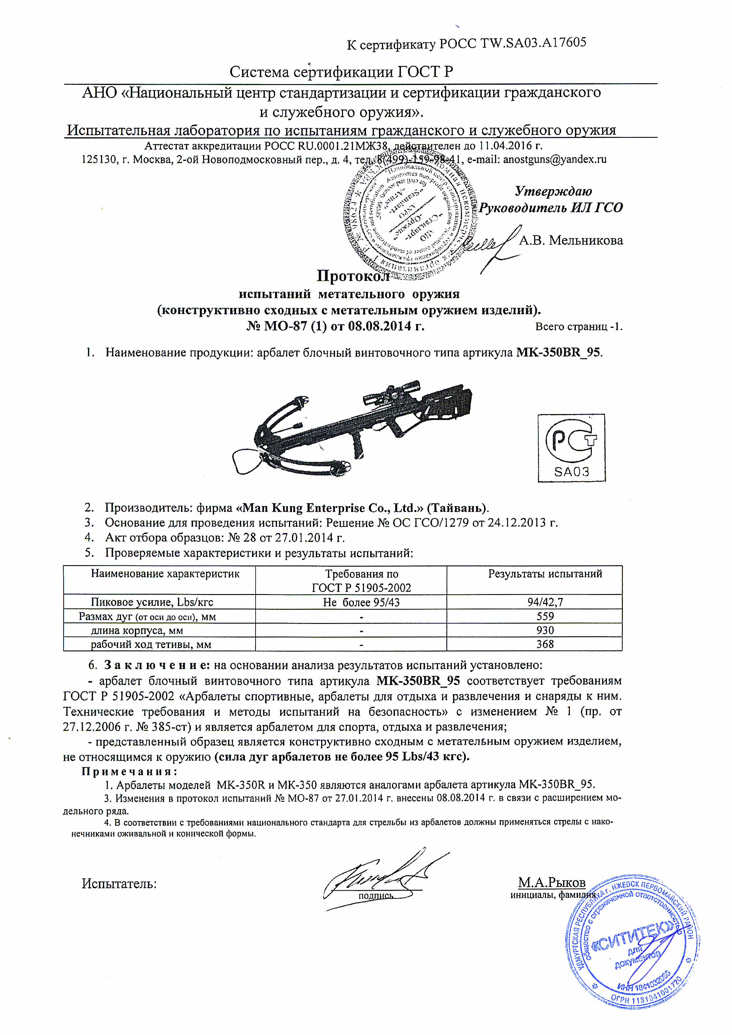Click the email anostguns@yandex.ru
[x=554, y=159]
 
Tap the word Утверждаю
[x=553, y=191]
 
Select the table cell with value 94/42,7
[x=545, y=602]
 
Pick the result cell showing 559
[x=545, y=616]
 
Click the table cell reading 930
[x=545, y=630]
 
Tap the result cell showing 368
[x=545, y=644]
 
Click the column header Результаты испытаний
[x=545, y=574]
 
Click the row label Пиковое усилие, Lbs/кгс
[x=152, y=602]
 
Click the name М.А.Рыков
[x=551, y=882]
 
